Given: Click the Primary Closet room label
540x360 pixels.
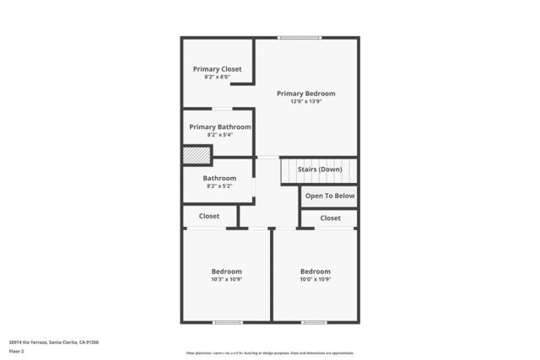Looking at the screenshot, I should [x=217, y=69].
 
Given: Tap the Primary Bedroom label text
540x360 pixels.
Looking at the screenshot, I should [x=306, y=94].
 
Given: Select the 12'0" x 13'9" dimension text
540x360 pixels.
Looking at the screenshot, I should [x=306, y=102].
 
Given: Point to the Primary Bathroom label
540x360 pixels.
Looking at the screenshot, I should [x=219, y=127].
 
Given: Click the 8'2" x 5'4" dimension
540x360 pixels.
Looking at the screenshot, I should [x=219, y=135].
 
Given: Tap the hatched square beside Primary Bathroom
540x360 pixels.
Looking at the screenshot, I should [x=197, y=156].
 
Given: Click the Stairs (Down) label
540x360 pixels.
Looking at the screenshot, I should [x=320, y=169].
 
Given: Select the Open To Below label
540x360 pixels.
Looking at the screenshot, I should [x=330, y=196].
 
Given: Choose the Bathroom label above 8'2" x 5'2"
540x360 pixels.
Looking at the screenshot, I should [x=219, y=179].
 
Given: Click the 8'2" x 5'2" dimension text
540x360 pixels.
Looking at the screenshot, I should [x=219, y=186].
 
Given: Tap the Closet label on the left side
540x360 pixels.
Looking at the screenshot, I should [x=209, y=217].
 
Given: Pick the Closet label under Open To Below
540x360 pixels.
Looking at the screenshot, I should [x=331, y=218].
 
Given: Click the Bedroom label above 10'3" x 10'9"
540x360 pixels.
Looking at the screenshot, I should [x=226, y=271].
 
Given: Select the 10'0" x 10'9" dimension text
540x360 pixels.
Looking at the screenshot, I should [x=316, y=280].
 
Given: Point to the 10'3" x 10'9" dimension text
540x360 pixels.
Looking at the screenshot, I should [x=226, y=280].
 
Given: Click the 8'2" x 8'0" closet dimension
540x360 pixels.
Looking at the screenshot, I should [x=217, y=77].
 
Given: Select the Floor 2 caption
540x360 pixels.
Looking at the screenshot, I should [x=17, y=351].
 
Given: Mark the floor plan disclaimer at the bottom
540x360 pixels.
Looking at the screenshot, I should [x=270, y=353].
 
